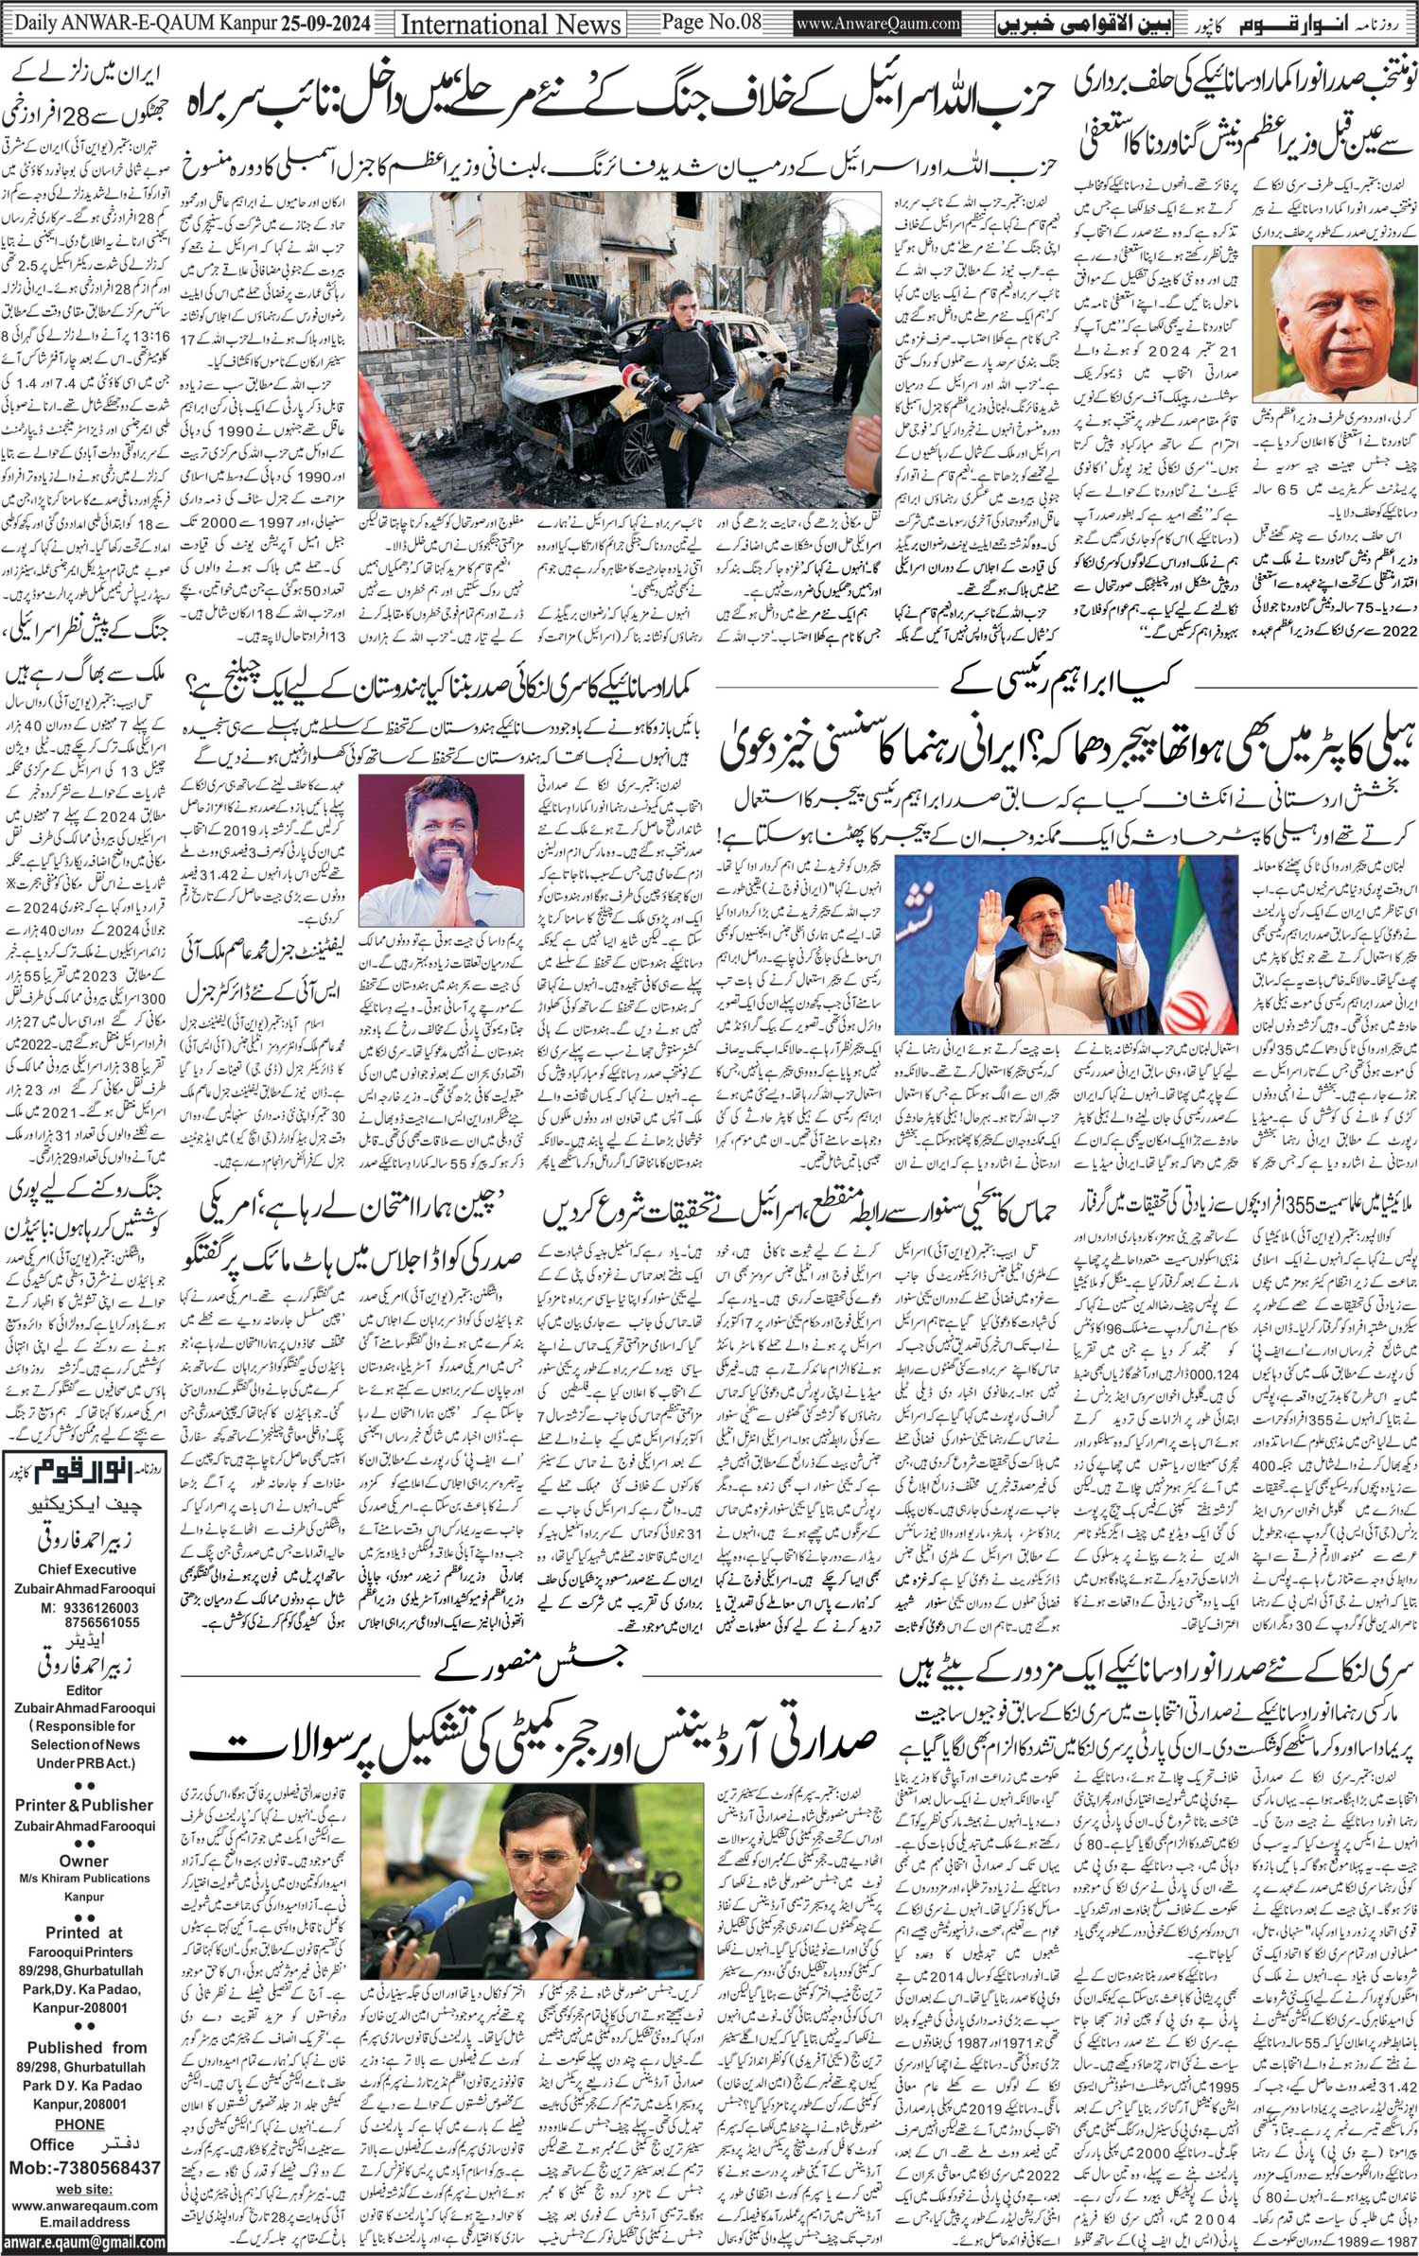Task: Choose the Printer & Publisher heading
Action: pos(84,1805)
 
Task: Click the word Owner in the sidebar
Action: pos(84,1860)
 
